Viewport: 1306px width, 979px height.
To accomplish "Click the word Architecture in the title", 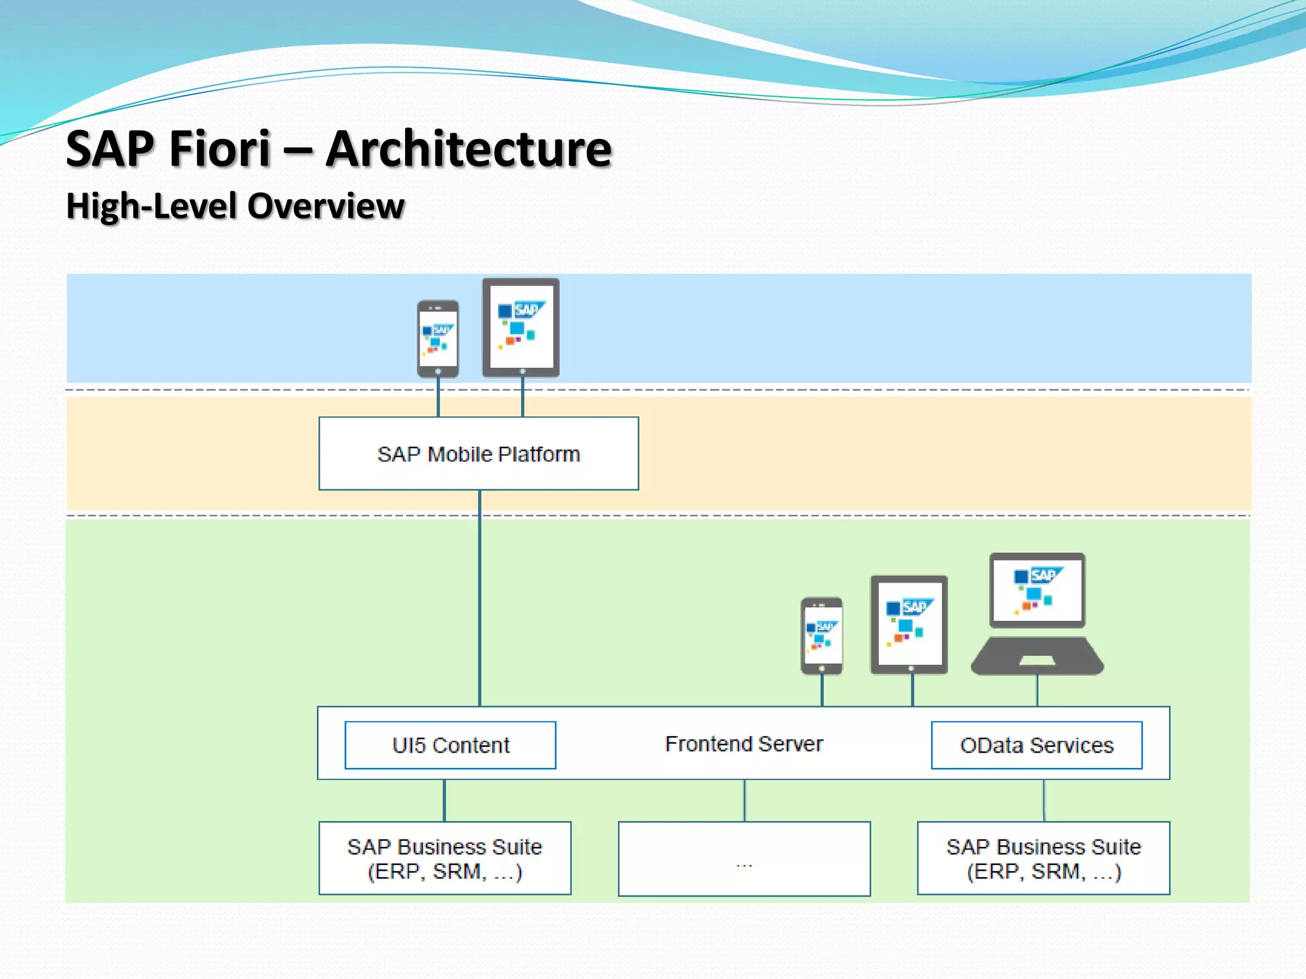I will coord(469,149).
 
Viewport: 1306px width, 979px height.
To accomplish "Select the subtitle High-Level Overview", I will coord(235,206).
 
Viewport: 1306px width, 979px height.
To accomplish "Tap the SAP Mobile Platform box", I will coord(478,454).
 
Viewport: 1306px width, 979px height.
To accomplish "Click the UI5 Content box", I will coord(450,745).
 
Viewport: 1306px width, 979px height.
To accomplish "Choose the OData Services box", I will coord(1036,745).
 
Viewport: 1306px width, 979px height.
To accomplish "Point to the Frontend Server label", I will coord(744,744).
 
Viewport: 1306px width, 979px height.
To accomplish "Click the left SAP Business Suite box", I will coord(444,858).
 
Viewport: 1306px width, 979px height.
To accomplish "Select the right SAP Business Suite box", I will coord(1043,858).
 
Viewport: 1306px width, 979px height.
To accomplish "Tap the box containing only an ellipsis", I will coord(744,859).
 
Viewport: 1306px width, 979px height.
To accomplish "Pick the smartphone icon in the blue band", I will coord(438,338).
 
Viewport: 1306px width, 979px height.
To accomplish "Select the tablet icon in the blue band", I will coord(521,327).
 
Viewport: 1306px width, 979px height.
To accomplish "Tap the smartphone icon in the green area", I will coord(821,635).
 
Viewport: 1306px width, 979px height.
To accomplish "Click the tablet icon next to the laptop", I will coord(909,625).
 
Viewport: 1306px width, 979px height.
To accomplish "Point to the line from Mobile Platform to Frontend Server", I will coord(480,599).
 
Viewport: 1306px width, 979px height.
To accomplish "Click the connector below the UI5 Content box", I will coord(444,801).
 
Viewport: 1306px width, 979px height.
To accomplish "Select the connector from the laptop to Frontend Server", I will coord(1038,690).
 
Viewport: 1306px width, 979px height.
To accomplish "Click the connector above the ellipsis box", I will coord(744,801).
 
